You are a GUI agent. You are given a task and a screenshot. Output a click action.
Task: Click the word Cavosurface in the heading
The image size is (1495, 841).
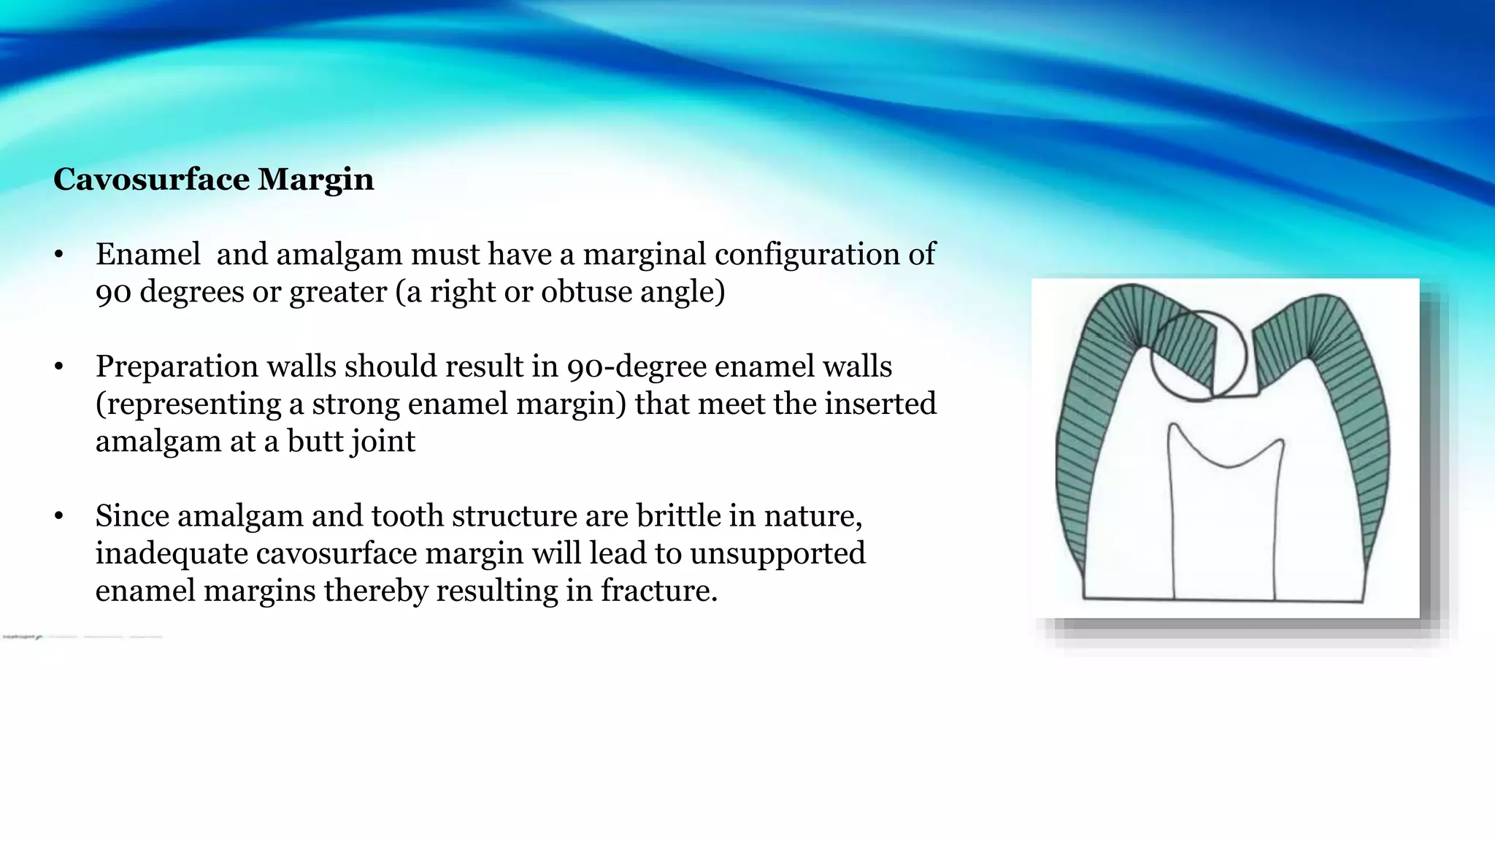pyautogui.click(x=151, y=180)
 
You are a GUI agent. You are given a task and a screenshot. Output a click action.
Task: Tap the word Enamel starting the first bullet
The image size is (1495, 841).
pyautogui.click(x=148, y=254)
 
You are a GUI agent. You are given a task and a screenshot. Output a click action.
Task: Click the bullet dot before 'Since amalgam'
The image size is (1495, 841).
pyautogui.click(x=59, y=517)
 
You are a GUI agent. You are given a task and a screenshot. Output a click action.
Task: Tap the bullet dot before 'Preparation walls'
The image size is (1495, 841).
pyautogui.click(x=59, y=367)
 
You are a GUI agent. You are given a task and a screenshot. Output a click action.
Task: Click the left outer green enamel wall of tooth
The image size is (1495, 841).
pyautogui.click(x=1073, y=467)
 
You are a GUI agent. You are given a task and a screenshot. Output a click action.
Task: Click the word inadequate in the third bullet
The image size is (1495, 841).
pyautogui.click(x=172, y=553)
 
